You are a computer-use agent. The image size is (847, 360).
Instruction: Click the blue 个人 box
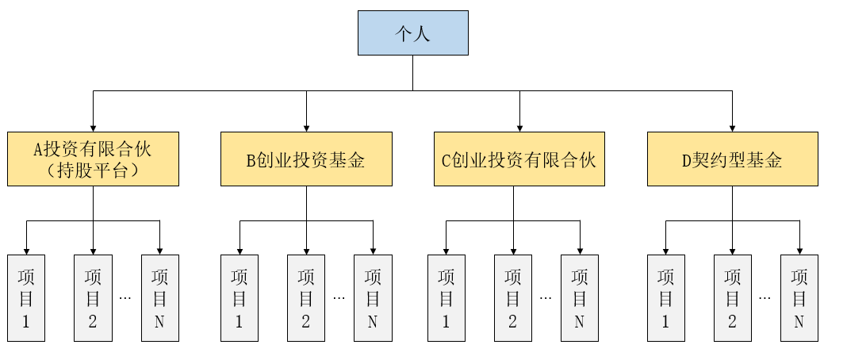tap(412, 33)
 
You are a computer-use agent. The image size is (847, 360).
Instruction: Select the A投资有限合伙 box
tap(93, 159)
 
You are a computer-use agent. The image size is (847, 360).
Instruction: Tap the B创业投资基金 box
tap(306, 159)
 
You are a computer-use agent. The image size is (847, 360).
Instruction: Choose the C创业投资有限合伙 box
tap(519, 159)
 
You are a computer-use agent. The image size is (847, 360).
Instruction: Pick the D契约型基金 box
tap(733, 159)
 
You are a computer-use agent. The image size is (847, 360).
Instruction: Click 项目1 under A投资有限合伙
tap(26, 298)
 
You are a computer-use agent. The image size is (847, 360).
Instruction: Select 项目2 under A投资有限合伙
tap(93, 298)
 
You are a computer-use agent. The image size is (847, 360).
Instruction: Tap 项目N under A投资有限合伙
tap(160, 298)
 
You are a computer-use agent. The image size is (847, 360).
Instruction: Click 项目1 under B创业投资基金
tap(240, 298)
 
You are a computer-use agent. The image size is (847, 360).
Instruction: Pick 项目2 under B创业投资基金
tap(306, 298)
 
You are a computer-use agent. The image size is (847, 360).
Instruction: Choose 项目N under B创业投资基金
tap(374, 298)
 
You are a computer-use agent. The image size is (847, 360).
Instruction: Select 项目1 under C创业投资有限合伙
tap(446, 298)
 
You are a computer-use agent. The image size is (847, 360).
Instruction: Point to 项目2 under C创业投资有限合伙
tap(513, 298)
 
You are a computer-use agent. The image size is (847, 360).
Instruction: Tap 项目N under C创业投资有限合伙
tap(580, 298)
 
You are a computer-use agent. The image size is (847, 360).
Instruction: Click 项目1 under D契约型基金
tap(666, 298)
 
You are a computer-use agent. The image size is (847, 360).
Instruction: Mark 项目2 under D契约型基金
tap(733, 298)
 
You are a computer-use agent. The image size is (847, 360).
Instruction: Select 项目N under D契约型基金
tap(799, 298)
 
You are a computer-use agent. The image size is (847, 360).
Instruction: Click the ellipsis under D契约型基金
tap(765, 297)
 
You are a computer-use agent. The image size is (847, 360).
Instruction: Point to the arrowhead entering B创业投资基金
tap(306, 128)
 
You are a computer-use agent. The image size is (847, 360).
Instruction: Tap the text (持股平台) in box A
tap(93, 170)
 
